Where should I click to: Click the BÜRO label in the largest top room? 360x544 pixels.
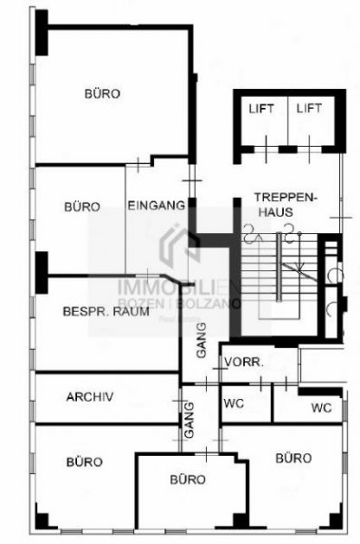click(x=102, y=92)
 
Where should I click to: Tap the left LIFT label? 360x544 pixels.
click(x=261, y=109)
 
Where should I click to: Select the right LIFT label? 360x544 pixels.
click(x=309, y=109)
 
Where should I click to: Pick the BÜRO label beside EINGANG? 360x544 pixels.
click(x=82, y=207)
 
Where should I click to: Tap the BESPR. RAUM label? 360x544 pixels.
click(x=99, y=312)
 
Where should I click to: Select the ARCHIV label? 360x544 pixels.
click(x=89, y=396)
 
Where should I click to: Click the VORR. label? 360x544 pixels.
click(x=244, y=361)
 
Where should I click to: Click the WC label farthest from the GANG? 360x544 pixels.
click(x=321, y=408)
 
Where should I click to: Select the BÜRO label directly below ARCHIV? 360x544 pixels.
click(x=84, y=461)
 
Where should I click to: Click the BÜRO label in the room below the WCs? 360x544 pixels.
click(x=294, y=458)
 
